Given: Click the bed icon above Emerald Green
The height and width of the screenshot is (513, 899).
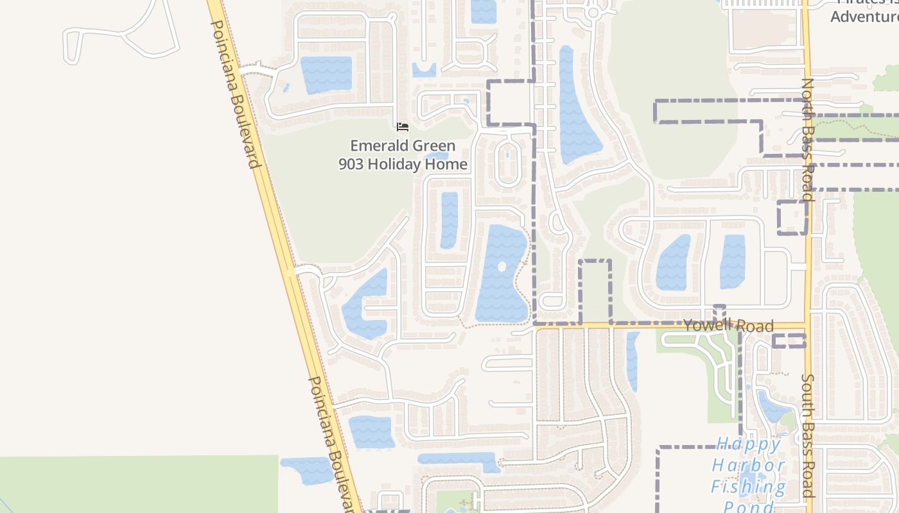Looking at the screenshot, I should tap(403, 126).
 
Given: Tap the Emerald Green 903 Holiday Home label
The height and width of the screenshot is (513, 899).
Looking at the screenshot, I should tap(403, 155).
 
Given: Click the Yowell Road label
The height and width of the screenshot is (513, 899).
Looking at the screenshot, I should tap(728, 326).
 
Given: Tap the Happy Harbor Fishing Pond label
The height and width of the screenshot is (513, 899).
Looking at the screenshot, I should tap(749, 475).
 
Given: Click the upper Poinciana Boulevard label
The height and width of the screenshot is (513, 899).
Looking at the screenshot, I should tap(236, 94).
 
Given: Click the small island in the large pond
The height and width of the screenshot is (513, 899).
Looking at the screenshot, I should tap(502, 267).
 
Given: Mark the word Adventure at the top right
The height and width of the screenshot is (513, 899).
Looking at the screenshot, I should tap(864, 15).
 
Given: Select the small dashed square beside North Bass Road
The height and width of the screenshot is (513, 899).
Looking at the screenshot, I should tap(792, 217).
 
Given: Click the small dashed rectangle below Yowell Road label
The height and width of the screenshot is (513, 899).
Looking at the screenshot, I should tap(789, 341).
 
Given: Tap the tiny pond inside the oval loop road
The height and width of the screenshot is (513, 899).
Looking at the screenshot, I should tap(507, 155).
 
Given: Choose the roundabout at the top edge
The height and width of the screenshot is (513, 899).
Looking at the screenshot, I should tap(593, 12).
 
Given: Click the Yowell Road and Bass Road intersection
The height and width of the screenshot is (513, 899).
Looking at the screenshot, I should tap(807, 325).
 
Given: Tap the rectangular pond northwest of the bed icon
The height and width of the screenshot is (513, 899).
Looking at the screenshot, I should tap(326, 74).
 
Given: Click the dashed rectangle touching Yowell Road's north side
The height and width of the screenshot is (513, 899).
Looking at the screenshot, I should tap(595, 292).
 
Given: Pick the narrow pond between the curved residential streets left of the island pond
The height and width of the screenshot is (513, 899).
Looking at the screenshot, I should tap(449, 220).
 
